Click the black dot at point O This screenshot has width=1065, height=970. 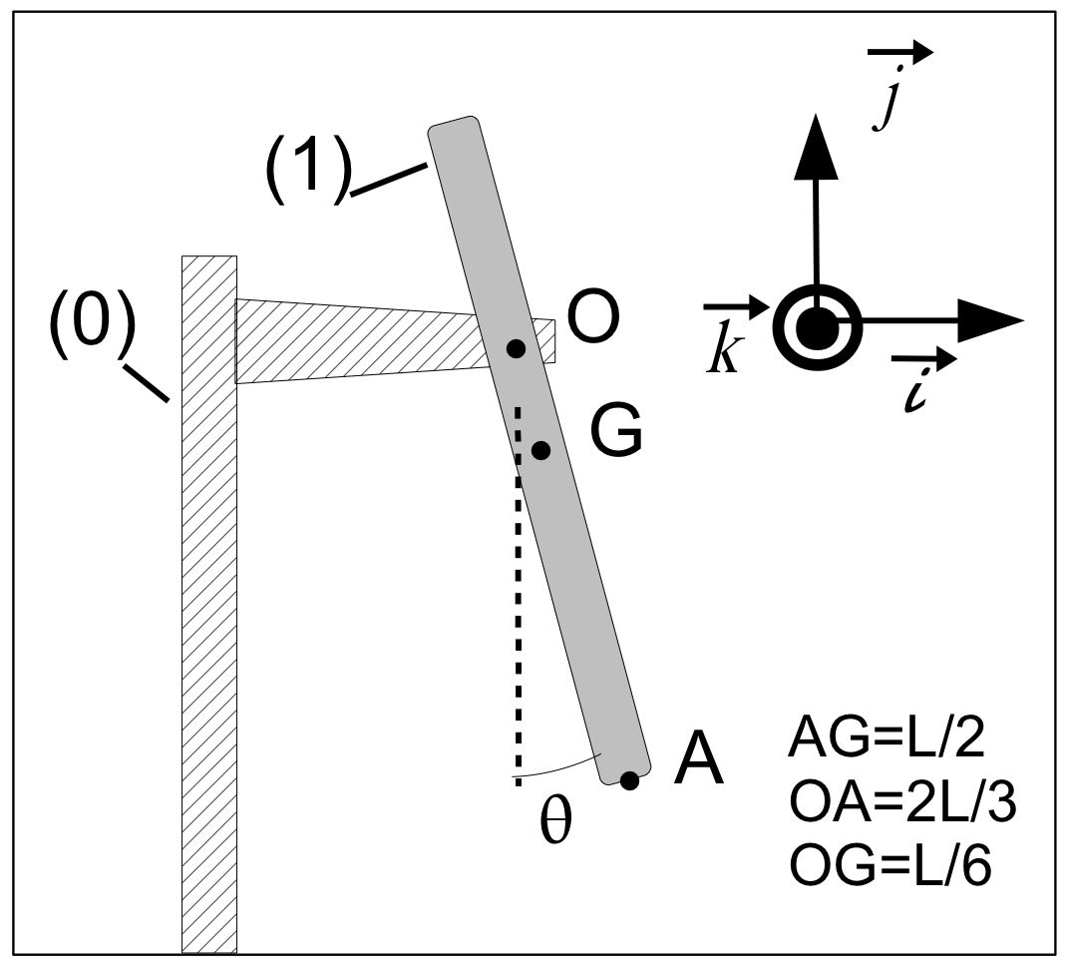(516, 348)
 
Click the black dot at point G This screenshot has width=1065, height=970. (540, 450)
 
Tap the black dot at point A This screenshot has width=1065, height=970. (629, 780)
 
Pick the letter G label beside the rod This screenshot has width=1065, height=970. (615, 432)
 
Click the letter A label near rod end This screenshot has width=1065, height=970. (699, 763)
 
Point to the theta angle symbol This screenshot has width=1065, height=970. (556, 823)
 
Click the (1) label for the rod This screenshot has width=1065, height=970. (307, 170)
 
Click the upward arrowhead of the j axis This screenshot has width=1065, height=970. (814, 146)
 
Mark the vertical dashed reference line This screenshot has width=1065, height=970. (518, 599)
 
